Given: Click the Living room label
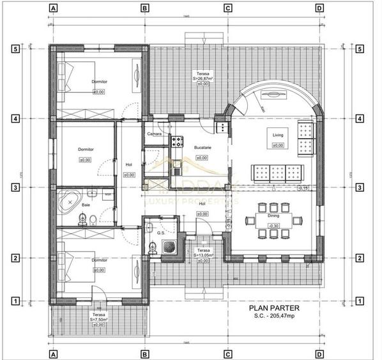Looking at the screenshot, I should pyautogui.click(x=278, y=136).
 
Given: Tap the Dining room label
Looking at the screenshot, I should pyautogui.click(x=273, y=216).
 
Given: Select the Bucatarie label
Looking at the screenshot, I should pyautogui.click(x=202, y=148).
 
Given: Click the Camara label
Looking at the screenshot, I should pyautogui.click(x=154, y=134).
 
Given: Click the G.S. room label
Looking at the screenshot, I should pyautogui.click(x=160, y=233).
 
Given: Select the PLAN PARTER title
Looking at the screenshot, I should pyautogui.click(x=273, y=308).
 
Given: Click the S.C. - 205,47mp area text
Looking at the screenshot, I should pyautogui.click(x=273, y=315).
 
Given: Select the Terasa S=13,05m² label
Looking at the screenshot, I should pyautogui.click(x=203, y=253).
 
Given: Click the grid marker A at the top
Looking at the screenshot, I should pyautogui.click(x=53, y=9).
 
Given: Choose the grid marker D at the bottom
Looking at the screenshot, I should pyautogui.click(x=319, y=352).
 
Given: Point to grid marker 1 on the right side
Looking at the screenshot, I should pyautogui.click(x=360, y=300).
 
